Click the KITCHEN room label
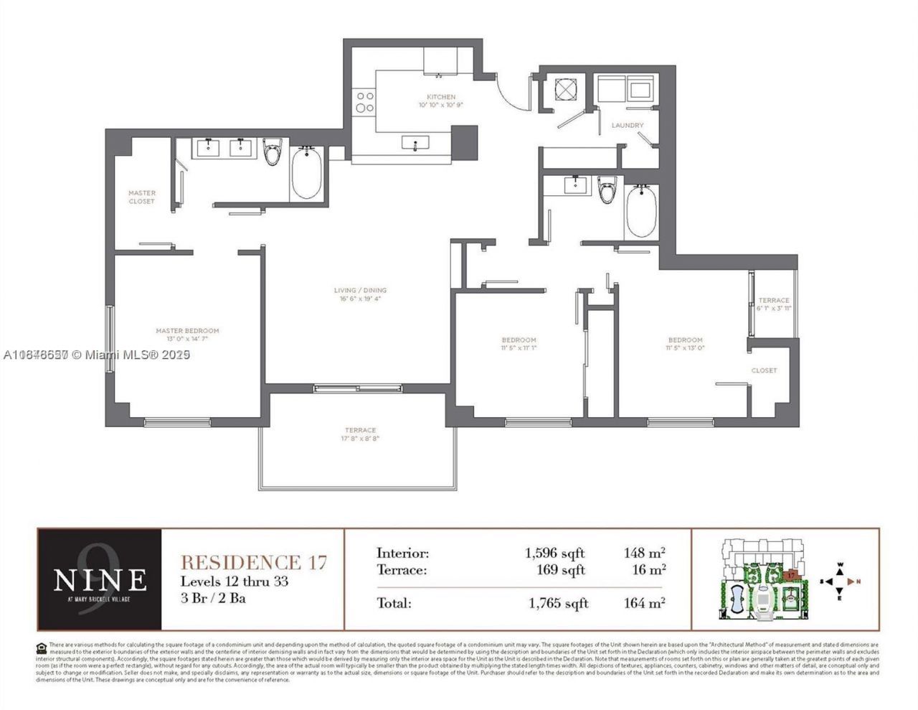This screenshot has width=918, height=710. (x=441, y=97)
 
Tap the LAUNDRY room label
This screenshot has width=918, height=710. (x=628, y=126)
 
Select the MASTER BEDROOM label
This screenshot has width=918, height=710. (x=187, y=331)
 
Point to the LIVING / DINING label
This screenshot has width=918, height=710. (x=360, y=291)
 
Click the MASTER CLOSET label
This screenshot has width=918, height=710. (x=142, y=197)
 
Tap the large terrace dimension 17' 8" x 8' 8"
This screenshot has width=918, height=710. (x=360, y=439)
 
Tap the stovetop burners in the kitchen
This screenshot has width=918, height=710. (x=364, y=101)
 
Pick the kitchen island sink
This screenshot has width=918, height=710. (x=415, y=144)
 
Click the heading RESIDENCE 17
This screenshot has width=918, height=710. (x=253, y=562)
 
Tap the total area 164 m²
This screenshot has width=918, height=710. (x=644, y=603)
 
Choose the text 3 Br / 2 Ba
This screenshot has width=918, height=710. (x=213, y=598)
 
